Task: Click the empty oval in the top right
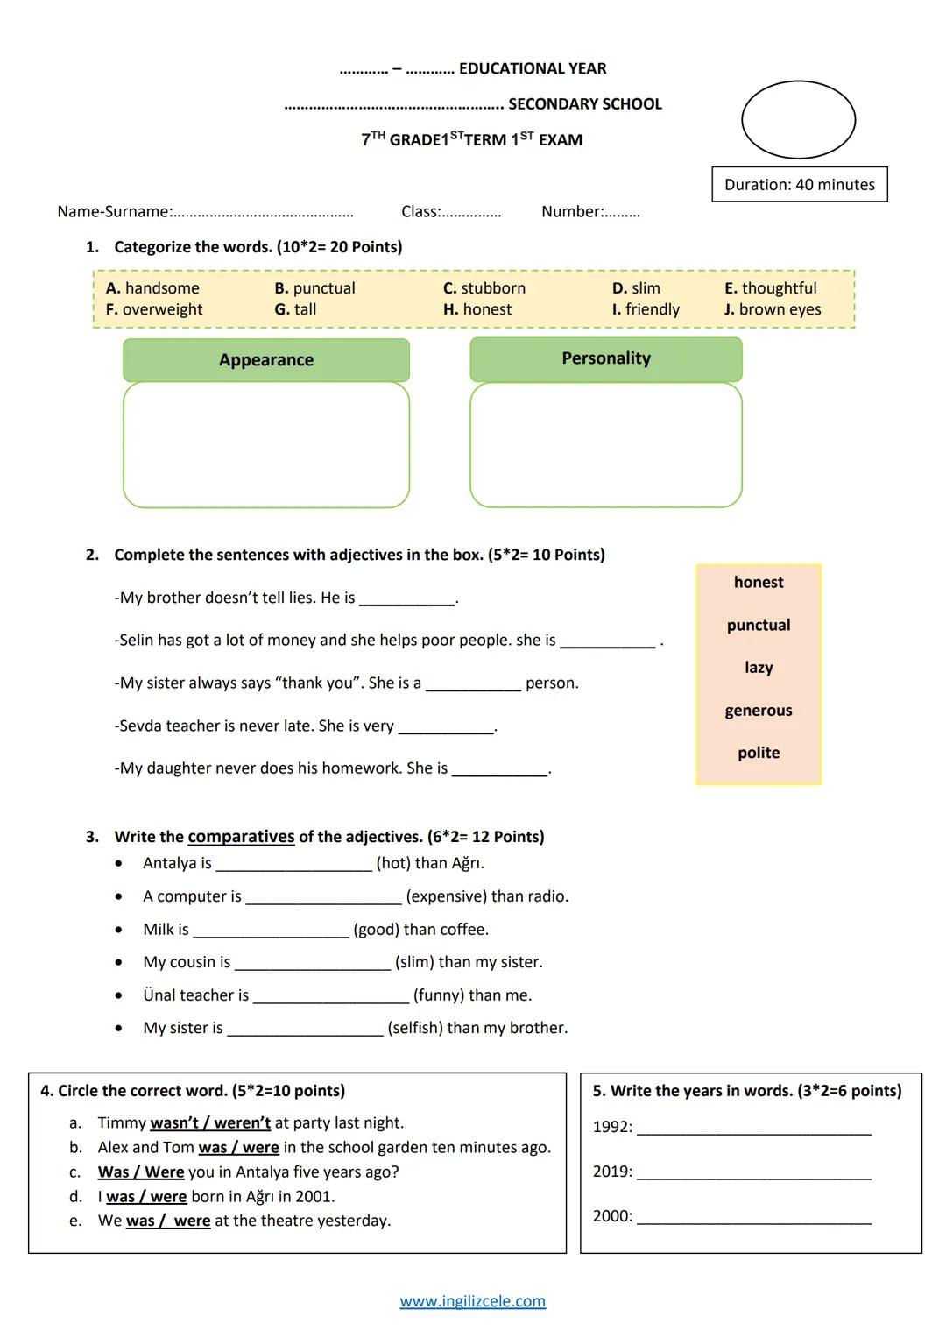(798, 120)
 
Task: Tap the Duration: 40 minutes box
(799, 185)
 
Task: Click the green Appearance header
(265, 360)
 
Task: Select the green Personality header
(605, 358)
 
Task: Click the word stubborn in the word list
(493, 288)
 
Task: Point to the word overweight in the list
(162, 309)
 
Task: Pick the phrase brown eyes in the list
(780, 309)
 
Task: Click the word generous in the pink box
(758, 711)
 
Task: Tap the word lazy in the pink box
(758, 668)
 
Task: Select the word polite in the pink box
(758, 753)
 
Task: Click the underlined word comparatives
(241, 837)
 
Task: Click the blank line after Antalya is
(293, 865)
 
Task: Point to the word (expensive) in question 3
(446, 896)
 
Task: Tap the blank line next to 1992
(753, 1129)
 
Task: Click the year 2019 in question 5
(611, 1172)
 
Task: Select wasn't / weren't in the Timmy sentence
(210, 1123)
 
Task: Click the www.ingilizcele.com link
(472, 1302)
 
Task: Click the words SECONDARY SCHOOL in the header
(584, 104)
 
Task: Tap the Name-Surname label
(114, 212)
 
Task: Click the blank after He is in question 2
(407, 599)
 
